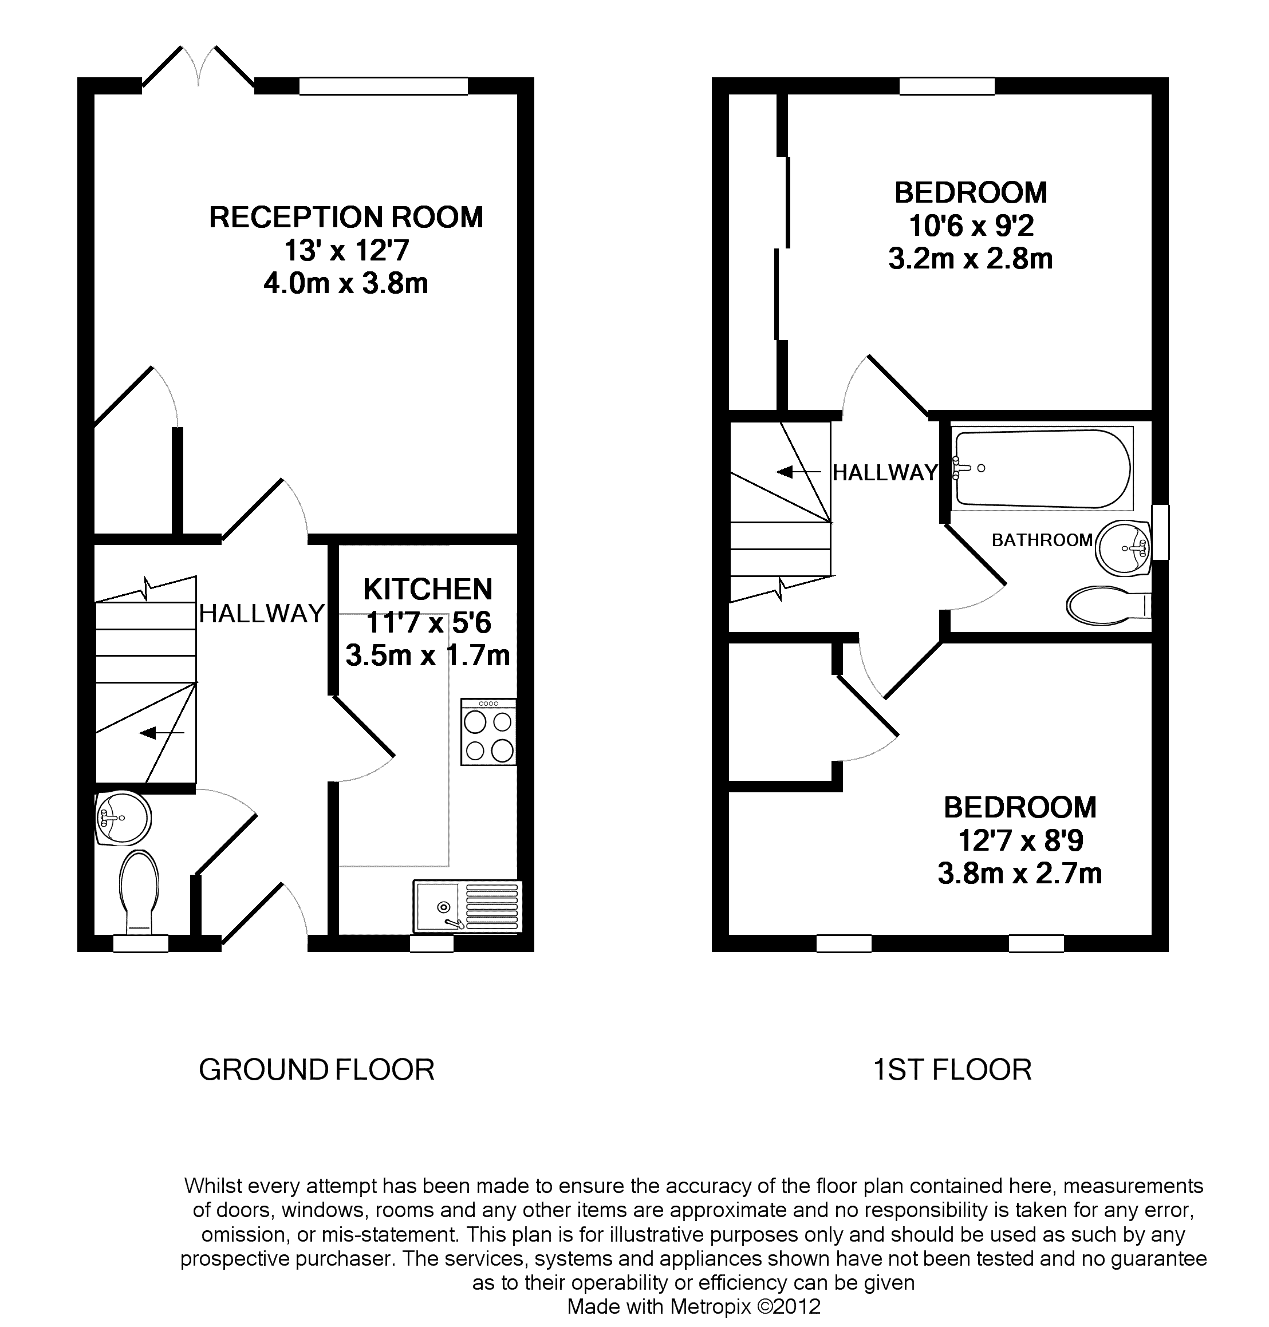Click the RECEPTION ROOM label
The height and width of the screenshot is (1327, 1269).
[346, 218]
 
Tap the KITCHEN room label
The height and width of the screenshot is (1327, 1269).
[428, 590]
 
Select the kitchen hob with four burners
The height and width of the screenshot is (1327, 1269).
[488, 732]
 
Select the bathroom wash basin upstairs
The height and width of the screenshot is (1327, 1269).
[1123, 548]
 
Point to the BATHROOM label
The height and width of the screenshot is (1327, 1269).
[1042, 540]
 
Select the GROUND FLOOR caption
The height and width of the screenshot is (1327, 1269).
[317, 1069]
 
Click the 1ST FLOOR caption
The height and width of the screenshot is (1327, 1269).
[952, 1069]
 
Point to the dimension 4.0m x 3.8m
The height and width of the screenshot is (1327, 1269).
[346, 283]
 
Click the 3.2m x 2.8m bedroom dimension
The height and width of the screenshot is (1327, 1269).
[971, 259]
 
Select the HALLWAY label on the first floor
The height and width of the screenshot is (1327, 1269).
[885, 472]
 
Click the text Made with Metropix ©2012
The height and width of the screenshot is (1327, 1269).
[693, 1306]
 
